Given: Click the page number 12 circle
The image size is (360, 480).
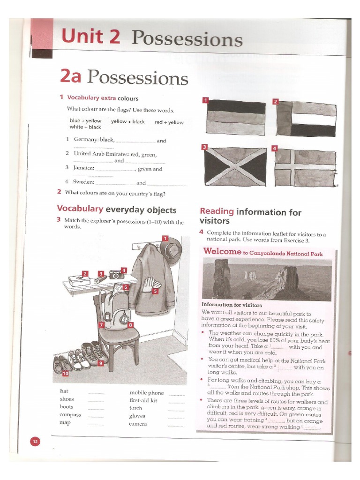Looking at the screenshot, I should coord(36,441).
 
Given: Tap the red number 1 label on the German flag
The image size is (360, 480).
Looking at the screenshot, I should coord(205,100).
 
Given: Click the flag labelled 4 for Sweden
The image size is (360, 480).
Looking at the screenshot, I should coord(305,167).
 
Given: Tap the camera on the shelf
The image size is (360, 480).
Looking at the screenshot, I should coord(116,275).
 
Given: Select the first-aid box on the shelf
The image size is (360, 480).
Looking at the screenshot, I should coord(79,280).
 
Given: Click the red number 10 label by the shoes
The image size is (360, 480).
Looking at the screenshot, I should coord(65,374).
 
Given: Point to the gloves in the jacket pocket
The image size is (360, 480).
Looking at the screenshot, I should coord(151,284).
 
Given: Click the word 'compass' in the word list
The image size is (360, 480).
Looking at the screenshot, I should coord(70,415).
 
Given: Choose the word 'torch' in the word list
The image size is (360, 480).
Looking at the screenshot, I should coord(135,408).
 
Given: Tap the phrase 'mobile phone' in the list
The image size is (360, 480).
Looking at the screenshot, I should coord(147,393).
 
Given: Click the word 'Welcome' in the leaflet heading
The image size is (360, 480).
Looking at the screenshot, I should coord(222,252).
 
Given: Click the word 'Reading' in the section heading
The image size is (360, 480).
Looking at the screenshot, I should coord(217,212).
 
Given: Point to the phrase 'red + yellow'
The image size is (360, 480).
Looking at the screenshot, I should coord(169,122).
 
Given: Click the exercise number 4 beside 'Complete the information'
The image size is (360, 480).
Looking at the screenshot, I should coord(201,232).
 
